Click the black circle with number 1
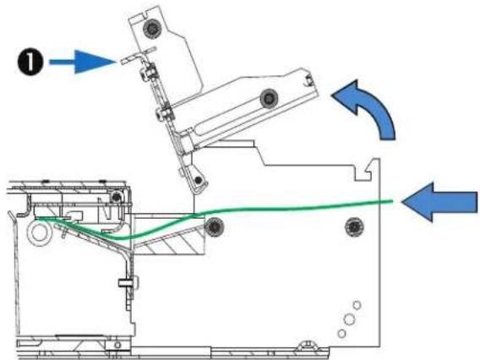tap(30, 63)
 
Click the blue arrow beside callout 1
tap(82, 62)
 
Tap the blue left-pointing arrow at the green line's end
tap(439, 202)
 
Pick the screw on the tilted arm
tap(269, 98)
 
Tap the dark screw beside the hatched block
tap(214, 226)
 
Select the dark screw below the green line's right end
tap(354, 226)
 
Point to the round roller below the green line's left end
tap(39, 233)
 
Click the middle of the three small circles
tap(349, 319)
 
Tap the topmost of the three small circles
tap(357, 305)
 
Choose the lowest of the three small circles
tap(342, 333)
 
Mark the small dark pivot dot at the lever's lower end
tap(199, 180)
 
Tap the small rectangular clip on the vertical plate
tap(126, 282)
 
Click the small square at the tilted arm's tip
tap(308, 80)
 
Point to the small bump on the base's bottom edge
tap(308, 345)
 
